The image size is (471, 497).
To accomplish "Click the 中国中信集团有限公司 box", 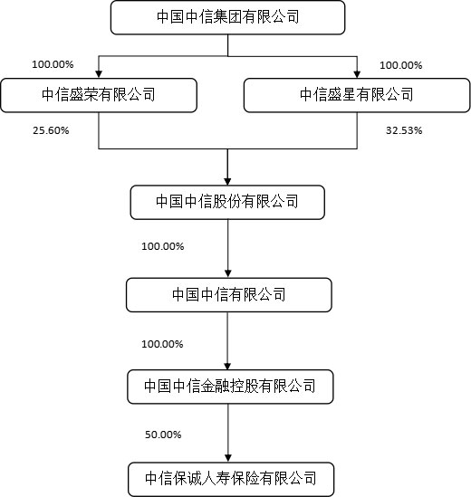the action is tap(227, 17).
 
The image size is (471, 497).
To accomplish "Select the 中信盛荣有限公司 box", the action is tap(99, 95).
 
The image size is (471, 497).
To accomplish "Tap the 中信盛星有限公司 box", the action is tap(357, 95).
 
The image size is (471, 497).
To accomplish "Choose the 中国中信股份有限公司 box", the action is tap(227, 202).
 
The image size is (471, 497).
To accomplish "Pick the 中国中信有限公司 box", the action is tap(229, 295).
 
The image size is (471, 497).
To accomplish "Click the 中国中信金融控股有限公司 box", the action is tap(230, 387).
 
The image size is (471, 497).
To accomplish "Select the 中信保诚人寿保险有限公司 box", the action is tap(231, 479).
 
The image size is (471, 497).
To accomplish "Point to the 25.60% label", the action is tap(51, 130).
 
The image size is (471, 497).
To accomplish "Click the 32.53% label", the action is tap(404, 130).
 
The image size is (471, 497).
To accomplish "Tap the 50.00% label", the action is tap(163, 435).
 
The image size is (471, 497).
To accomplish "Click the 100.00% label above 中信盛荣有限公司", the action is tap(53, 64).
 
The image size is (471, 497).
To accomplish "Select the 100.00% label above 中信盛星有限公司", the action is tap(401, 65).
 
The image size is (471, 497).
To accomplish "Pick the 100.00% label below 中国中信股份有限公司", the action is tap(163, 246).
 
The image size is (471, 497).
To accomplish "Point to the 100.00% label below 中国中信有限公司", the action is tap(162, 344).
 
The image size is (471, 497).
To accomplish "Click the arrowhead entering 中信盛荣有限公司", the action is tap(99, 74).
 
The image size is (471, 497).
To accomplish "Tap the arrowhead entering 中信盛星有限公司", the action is tap(357, 74).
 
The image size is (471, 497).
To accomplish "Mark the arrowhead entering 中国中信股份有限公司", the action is tap(227, 181).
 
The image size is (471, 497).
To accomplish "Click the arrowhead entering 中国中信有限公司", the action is tap(227, 273).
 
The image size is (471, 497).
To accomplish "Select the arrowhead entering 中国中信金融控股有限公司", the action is tap(227, 366).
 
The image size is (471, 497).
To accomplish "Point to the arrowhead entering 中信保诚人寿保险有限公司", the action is tap(227, 458).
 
